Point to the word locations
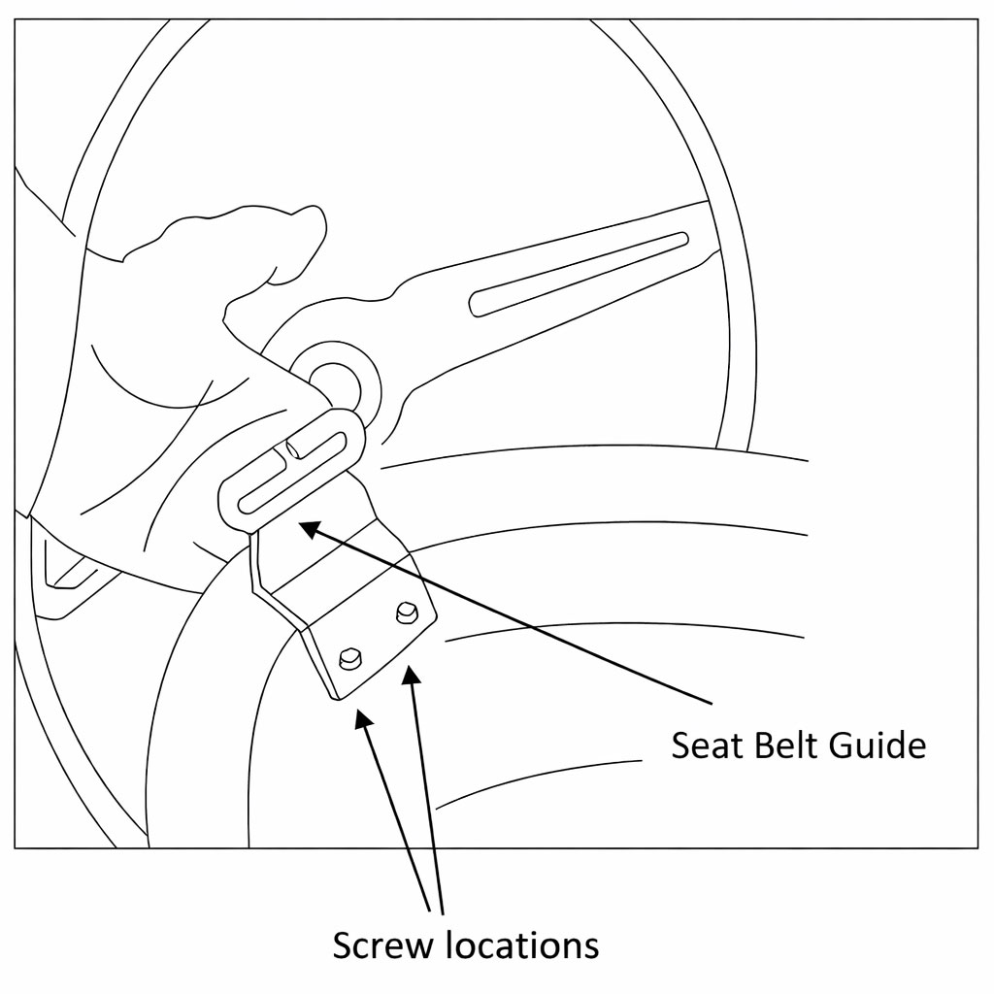tap(522, 944)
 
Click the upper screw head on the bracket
tap(407, 612)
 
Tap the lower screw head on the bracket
tap(350, 659)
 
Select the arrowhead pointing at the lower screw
tap(362, 718)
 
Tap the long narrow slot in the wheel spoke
tap(579, 273)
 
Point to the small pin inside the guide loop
tap(296, 448)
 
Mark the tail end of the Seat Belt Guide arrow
tap(712, 703)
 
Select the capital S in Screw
tap(343, 945)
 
